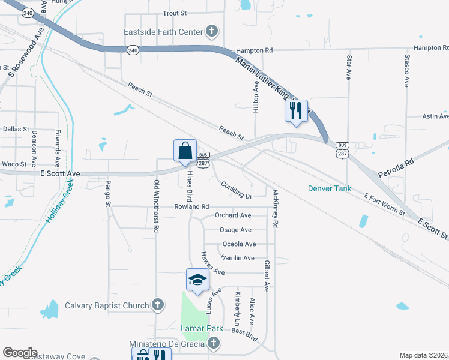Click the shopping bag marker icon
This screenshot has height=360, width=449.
point(185,151)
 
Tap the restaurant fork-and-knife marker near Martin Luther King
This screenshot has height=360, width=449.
point(296,111)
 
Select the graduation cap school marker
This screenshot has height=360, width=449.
point(197,280)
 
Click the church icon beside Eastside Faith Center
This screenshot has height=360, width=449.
point(211,31)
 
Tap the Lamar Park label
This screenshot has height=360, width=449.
point(202,328)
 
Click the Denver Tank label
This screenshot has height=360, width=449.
point(328,188)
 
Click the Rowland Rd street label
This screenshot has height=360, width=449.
point(191,206)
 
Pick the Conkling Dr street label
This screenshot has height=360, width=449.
point(235,190)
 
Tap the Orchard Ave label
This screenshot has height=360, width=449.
point(233,215)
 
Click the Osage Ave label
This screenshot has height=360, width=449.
point(235,230)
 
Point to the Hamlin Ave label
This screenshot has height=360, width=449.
point(238,258)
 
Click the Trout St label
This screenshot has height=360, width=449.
point(176,13)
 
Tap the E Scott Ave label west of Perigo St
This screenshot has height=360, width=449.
point(61,173)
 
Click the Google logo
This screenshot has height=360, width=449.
point(20,353)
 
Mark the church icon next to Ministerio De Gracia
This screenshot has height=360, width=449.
point(213,343)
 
